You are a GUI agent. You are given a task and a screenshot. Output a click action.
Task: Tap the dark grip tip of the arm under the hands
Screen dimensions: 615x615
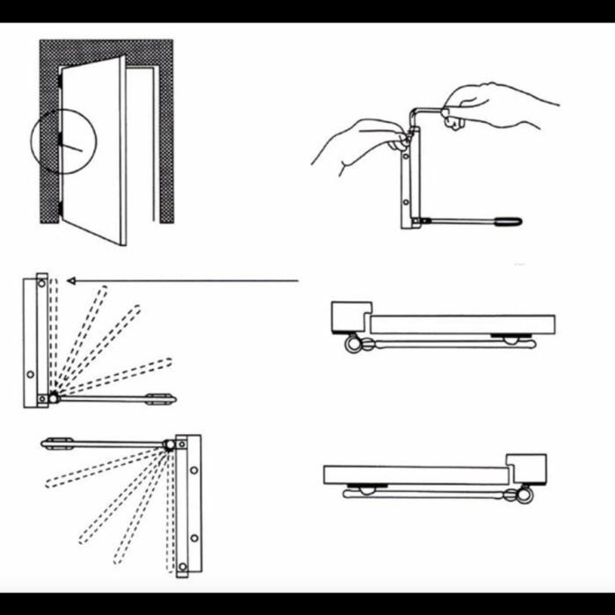point(510,221)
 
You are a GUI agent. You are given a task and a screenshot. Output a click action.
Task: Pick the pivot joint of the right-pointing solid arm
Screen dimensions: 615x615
point(54,398)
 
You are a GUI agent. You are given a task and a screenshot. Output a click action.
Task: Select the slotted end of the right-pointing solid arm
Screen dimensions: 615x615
point(161,399)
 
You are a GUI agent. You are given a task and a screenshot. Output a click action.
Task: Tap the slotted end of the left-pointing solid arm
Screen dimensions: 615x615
point(55,442)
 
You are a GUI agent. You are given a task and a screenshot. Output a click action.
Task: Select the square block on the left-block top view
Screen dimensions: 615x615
point(350,315)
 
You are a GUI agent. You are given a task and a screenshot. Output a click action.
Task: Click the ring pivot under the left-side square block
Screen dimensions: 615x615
point(353,345)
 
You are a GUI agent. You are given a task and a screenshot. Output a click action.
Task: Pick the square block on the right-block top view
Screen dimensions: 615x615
point(526,467)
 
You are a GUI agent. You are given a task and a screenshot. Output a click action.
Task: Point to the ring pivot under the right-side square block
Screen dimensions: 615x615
point(525,496)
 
